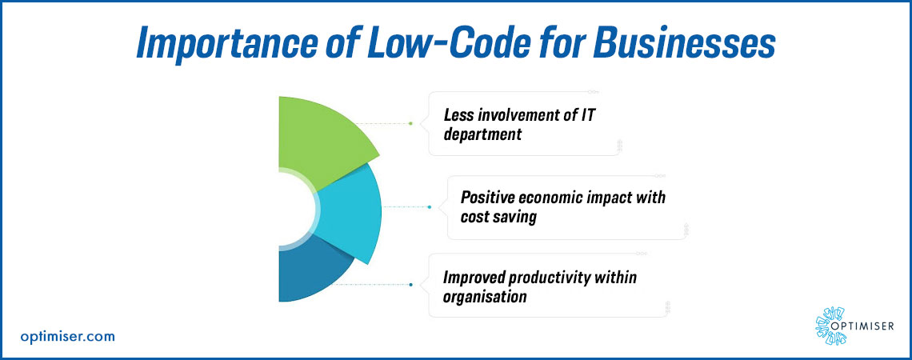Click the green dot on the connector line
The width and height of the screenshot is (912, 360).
pyautogui.click(x=410, y=123)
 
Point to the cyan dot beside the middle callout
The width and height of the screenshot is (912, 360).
pyautogui.click(x=430, y=207)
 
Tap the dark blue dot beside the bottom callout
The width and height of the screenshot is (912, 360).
pyautogui.click(x=411, y=284)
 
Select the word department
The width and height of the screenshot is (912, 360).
pyautogui.click(x=482, y=135)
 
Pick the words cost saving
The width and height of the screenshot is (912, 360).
pyautogui.click(x=498, y=218)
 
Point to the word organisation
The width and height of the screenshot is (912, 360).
pyautogui.click(x=485, y=297)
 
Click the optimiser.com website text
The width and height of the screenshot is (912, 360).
pyautogui.click(x=67, y=336)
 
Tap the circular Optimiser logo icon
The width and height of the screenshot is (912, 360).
pyautogui.click(x=830, y=326)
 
